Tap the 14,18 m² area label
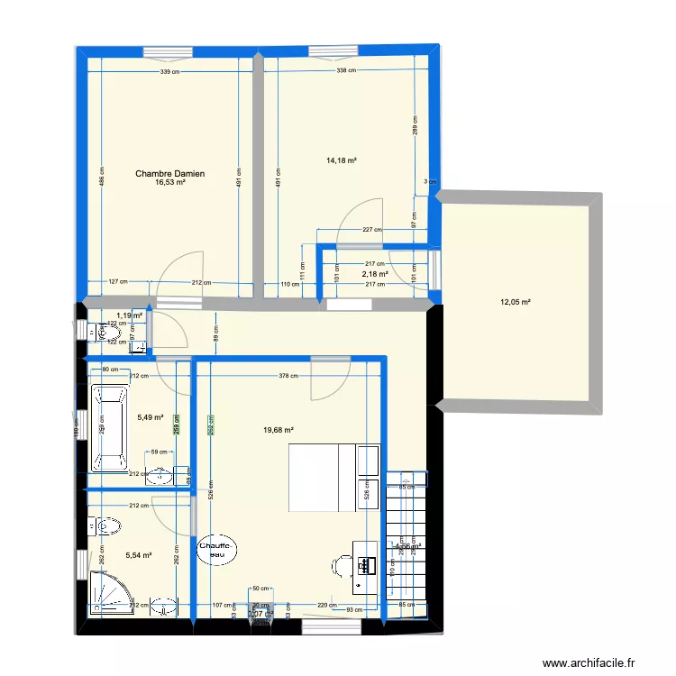(x=342, y=161)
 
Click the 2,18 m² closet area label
(x=375, y=274)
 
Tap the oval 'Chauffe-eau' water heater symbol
(x=217, y=550)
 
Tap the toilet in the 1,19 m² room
(x=105, y=332)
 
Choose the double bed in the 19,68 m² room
(x=321, y=477)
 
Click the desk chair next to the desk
(x=342, y=565)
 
